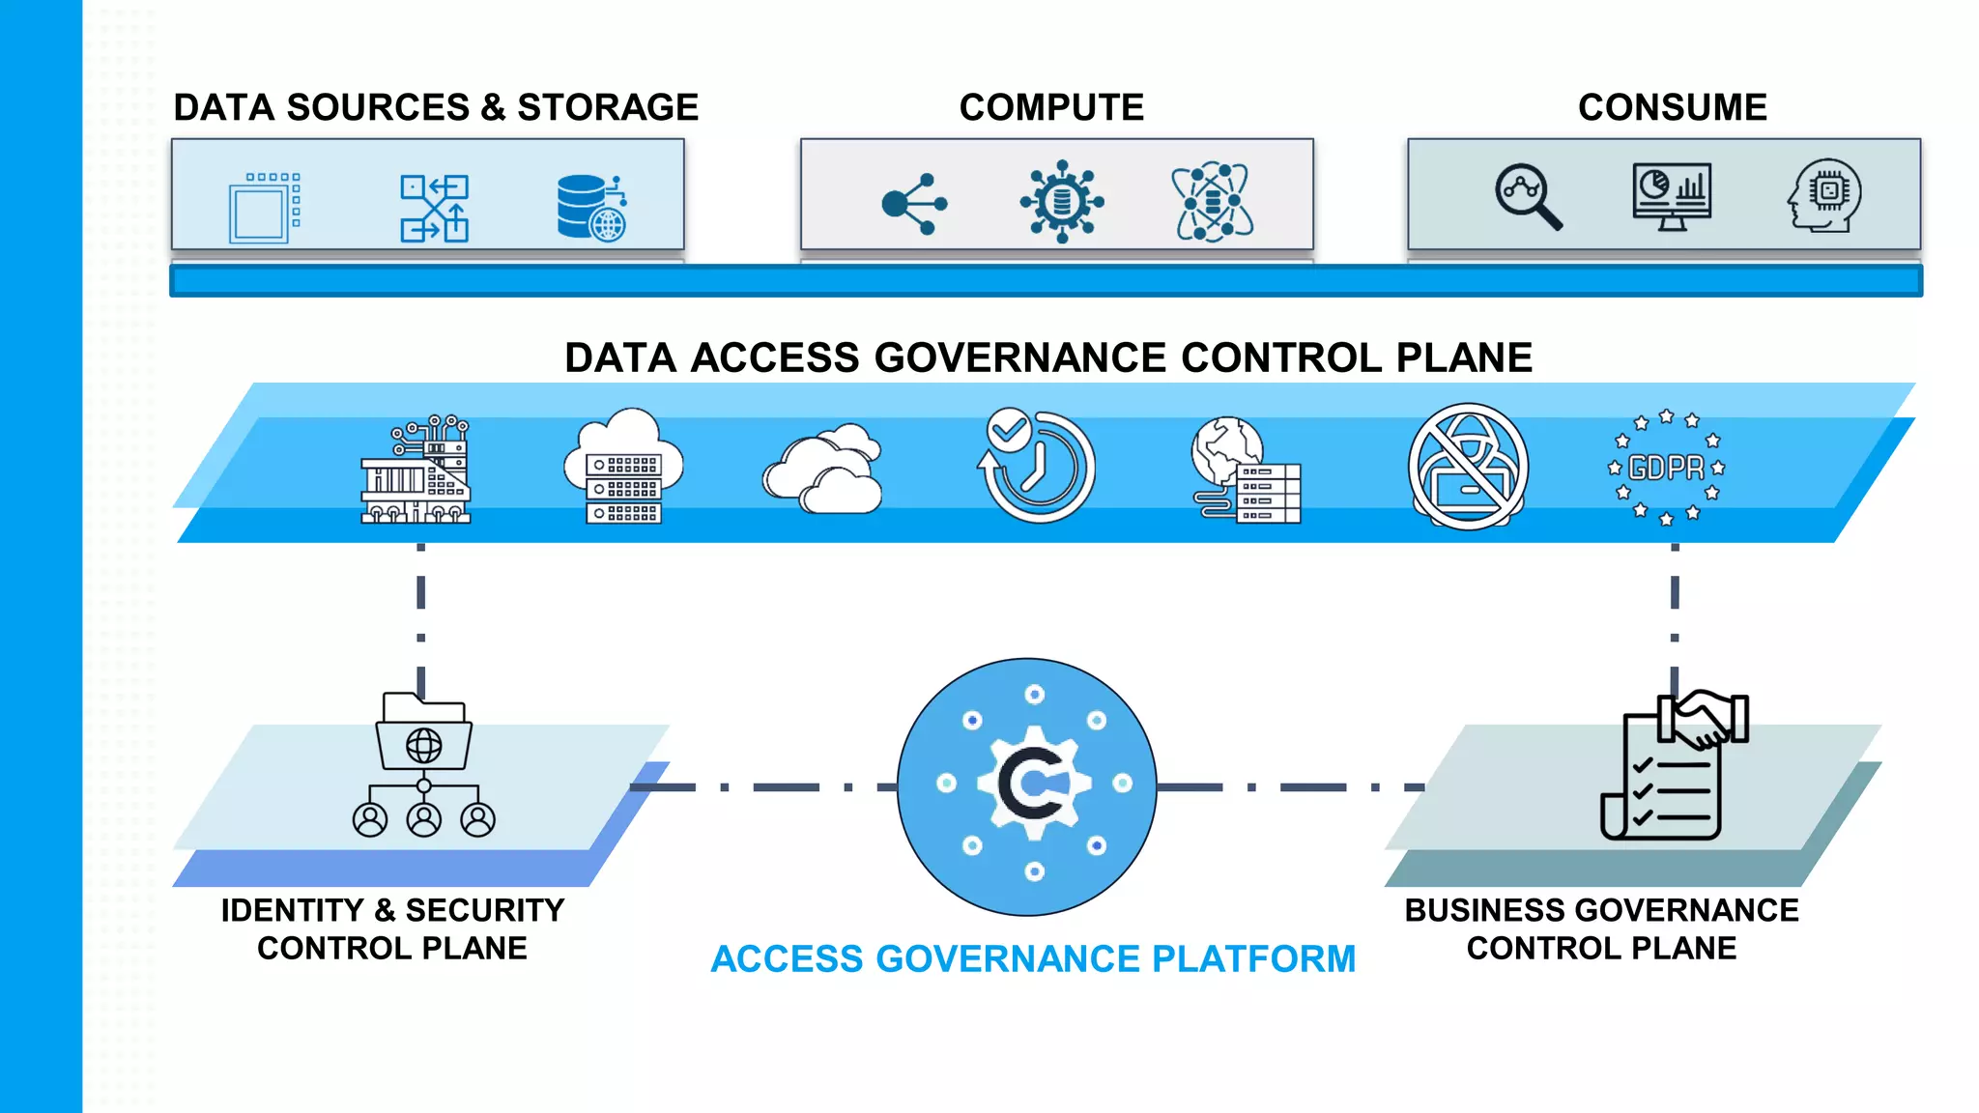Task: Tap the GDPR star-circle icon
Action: [1666, 468]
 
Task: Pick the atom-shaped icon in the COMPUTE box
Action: [1213, 202]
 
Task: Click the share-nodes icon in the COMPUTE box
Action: [913, 204]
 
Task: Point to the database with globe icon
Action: [590, 207]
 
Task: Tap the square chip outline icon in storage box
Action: [264, 208]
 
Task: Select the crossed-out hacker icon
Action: [1467, 467]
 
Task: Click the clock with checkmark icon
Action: [1036, 466]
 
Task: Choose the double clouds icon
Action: [823, 469]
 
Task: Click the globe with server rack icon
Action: [1246, 471]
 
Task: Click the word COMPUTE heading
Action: [1050, 107]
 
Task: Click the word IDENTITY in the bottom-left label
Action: [292, 910]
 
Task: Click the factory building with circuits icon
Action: [416, 471]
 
